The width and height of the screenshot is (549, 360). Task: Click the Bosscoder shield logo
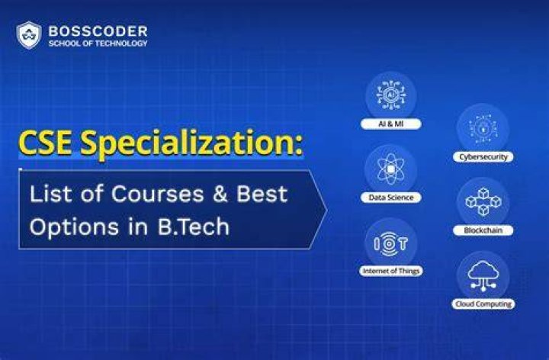[x=29, y=35]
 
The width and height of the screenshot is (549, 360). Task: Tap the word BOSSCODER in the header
[x=98, y=31]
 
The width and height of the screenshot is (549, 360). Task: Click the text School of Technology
[x=98, y=43]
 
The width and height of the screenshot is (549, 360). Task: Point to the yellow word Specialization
[x=191, y=144]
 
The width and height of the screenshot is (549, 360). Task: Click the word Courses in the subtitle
[x=157, y=194]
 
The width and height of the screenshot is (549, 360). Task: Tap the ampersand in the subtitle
[x=220, y=194]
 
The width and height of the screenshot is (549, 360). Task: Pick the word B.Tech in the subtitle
[x=193, y=227]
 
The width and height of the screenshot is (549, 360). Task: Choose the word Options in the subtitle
[x=74, y=227]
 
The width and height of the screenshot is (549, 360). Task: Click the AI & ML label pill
[x=391, y=124]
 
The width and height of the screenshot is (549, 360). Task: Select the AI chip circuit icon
[x=391, y=95]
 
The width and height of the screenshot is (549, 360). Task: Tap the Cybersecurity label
[x=483, y=157]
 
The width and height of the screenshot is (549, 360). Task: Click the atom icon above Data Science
[x=391, y=169]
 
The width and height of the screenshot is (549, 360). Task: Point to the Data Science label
[x=391, y=198]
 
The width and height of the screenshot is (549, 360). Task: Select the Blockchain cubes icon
[x=483, y=201]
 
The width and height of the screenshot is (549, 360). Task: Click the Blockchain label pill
[x=483, y=230]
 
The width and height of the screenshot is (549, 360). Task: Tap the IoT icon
[x=390, y=243]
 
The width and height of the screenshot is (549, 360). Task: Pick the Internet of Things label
[x=391, y=271]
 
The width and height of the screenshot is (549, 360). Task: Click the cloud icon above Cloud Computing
[x=483, y=275]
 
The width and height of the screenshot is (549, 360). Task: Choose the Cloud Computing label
[x=483, y=304]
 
